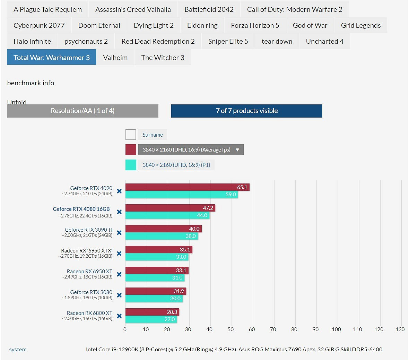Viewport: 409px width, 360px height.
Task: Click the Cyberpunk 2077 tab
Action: [x=39, y=25]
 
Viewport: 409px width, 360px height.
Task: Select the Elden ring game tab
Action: [x=202, y=25]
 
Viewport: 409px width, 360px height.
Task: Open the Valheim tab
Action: [x=115, y=58]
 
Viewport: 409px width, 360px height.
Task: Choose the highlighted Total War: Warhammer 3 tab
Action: [x=52, y=58]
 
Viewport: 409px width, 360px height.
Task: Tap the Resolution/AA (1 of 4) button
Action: [x=82, y=111]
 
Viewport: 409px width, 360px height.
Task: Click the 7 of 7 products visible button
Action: [x=247, y=111]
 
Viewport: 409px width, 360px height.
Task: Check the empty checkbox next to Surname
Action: [x=131, y=135]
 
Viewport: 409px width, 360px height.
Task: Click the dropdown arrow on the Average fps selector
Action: [x=237, y=150]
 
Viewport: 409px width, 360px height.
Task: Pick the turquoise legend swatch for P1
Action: [x=131, y=165]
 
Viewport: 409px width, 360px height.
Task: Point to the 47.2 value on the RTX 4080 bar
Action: [x=208, y=208]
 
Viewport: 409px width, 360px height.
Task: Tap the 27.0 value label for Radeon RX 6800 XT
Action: [x=169, y=319]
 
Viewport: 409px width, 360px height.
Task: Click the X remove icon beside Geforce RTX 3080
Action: [x=119, y=295]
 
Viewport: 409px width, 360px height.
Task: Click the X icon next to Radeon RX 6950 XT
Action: [x=119, y=274]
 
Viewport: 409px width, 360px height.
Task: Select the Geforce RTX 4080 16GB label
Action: [x=81, y=209]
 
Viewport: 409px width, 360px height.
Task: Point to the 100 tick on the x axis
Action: [x=337, y=329]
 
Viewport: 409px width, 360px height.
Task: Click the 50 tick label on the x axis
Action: [x=230, y=329]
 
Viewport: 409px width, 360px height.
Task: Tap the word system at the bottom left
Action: [x=18, y=350]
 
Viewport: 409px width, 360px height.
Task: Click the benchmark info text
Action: [x=31, y=83]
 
